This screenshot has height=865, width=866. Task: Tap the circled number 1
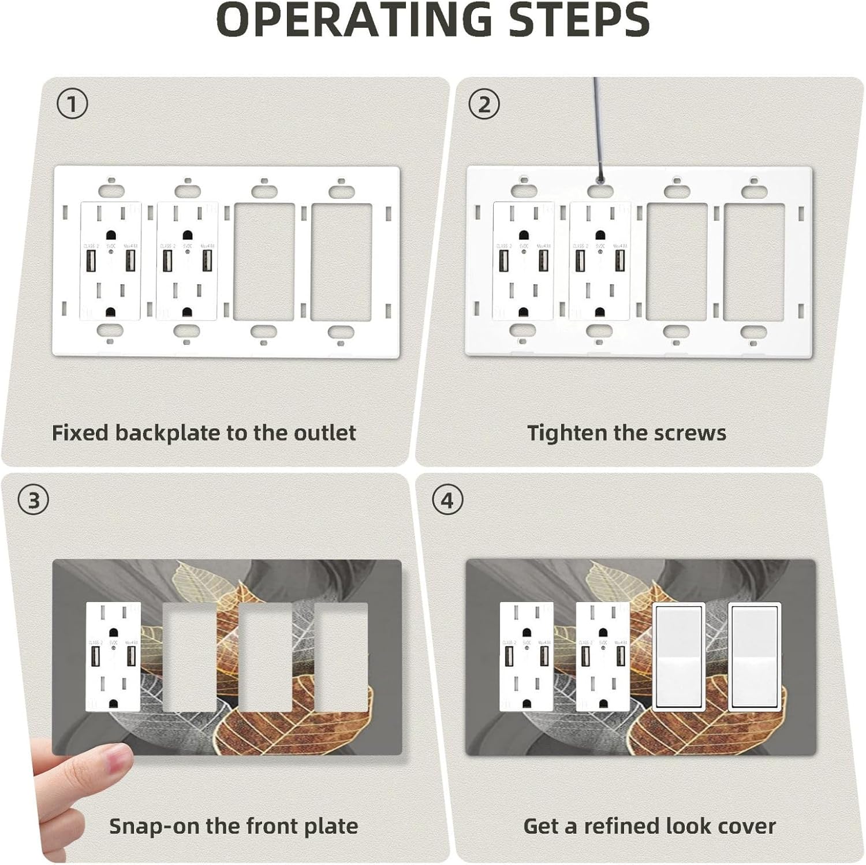(73, 105)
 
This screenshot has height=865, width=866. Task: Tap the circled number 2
(484, 105)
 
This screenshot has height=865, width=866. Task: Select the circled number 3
(34, 500)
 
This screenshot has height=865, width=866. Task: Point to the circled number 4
(447, 500)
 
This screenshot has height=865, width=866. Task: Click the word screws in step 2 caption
(690, 433)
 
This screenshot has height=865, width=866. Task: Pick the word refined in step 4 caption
(622, 826)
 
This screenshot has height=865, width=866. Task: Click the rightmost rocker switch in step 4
(754, 656)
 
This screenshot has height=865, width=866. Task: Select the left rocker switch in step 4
(678, 656)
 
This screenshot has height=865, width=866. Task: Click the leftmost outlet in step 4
(527, 656)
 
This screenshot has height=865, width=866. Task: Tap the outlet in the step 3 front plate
(113, 656)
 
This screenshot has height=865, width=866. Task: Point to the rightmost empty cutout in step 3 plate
(341, 656)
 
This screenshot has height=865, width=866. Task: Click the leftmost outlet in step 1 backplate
(110, 261)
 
